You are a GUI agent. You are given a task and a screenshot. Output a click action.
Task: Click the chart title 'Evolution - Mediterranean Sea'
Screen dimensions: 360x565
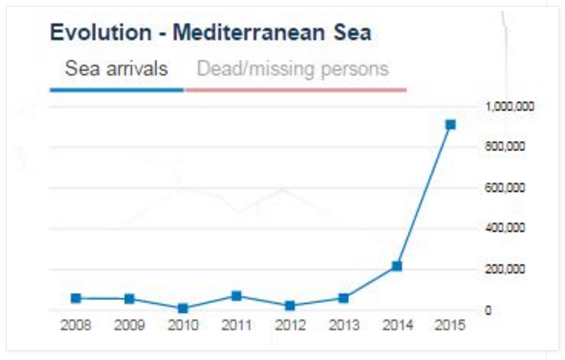tap(210, 33)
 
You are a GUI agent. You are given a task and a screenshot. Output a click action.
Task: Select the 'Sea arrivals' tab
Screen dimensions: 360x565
tap(116, 68)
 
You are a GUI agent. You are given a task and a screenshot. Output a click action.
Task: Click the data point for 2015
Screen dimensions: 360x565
tap(450, 125)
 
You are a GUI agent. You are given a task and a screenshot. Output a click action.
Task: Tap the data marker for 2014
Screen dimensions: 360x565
tap(396, 266)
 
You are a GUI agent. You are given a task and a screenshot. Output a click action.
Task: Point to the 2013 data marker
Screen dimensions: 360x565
tap(343, 298)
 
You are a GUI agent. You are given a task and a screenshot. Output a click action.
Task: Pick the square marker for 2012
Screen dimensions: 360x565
tap(289, 306)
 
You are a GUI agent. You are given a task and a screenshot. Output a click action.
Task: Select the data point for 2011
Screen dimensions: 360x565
tap(236, 295)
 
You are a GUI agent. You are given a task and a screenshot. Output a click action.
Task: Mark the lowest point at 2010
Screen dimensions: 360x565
tap(183, 308)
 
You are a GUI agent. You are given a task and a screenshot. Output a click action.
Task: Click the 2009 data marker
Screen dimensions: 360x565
tap(130, 299)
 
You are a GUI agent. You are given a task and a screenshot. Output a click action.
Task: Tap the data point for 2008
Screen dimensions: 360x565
tap(76, 298)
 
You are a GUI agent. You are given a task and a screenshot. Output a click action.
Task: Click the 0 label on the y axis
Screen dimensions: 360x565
tap(489, 310)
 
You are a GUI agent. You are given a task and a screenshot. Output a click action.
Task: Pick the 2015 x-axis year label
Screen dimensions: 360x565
tap(450, 327)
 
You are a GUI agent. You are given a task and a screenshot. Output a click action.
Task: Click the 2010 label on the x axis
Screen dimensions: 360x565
tap(183, 327)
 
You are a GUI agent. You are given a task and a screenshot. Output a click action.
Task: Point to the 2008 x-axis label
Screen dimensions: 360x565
tap(76, 327)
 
